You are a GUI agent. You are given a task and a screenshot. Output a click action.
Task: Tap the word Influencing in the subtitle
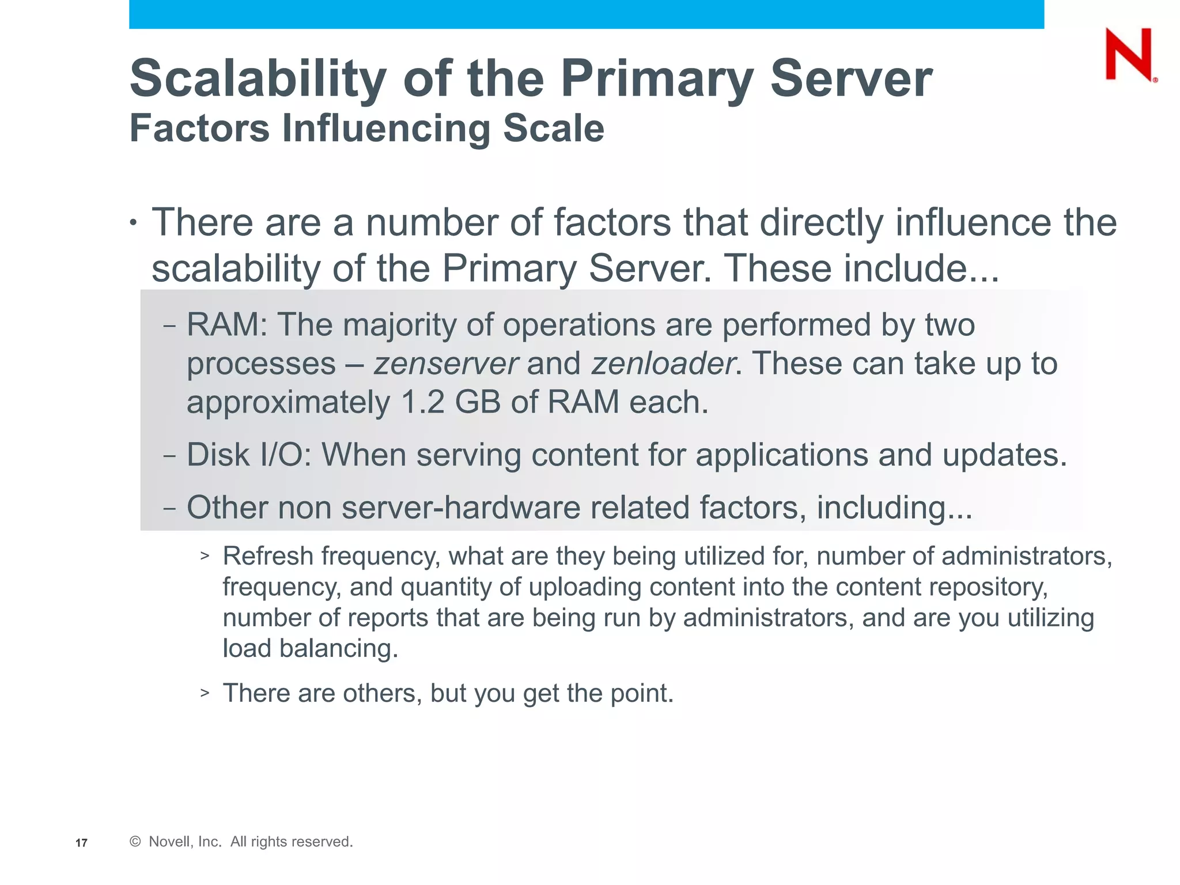pos(385,128)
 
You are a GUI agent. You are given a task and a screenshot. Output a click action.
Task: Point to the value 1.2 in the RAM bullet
pos(422,402)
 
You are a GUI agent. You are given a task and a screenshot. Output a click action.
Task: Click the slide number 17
pos(81,843)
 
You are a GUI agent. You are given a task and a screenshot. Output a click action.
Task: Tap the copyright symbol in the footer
pos(135,842)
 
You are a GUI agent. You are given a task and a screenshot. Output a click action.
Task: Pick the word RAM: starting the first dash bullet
pos(227,325)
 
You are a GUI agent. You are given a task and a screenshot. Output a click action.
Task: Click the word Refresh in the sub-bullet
pos(268,557)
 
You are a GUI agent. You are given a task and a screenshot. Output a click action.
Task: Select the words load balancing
pos(310,649)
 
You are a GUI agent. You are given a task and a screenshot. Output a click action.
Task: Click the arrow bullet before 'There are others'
pos(205,693)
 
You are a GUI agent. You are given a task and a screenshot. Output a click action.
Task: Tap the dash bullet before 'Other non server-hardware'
pos(169,509)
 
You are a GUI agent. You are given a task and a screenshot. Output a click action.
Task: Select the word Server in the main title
pos(850,79)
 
